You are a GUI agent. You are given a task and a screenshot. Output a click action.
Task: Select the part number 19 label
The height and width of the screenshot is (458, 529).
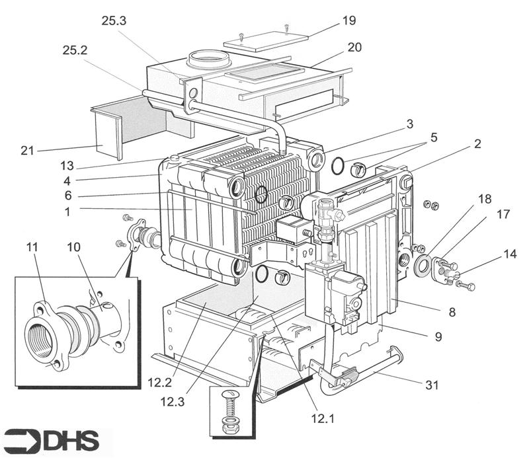[x=348, y=20]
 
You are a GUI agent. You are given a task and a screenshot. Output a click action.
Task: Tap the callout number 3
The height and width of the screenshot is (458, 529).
[x=411, y=124]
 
